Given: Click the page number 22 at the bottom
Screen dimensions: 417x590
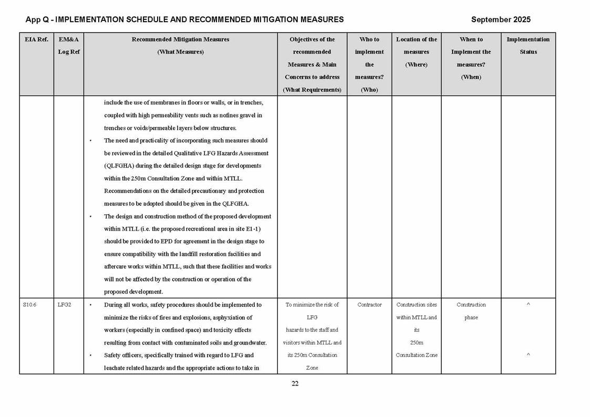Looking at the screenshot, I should click(x=295, y=383).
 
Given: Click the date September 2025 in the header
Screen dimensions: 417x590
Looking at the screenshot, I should click(x=500, y=19).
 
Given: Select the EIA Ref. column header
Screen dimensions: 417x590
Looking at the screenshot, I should click(x=36, y=39).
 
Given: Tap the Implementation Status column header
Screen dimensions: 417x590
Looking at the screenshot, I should click(x=528, y=45).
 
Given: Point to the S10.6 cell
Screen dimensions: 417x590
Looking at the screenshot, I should click(x=30, y=305).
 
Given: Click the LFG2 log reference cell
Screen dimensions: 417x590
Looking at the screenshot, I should click(x=64, y=305).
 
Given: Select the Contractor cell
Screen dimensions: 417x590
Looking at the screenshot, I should click(x=369, y=305).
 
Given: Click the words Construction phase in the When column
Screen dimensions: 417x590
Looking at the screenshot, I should click(x=471, y=311).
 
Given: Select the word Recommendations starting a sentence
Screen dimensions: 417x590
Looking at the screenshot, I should click(x=126, y=191).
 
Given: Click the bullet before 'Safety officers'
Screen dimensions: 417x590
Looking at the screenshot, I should click(x=91, y=356).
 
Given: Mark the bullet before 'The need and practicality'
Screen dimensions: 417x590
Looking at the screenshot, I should click(x=91, y=141).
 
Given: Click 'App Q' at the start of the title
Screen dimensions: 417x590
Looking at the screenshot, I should click(x=37, y=19).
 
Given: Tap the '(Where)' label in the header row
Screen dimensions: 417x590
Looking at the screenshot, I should click(x=416, y=65).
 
